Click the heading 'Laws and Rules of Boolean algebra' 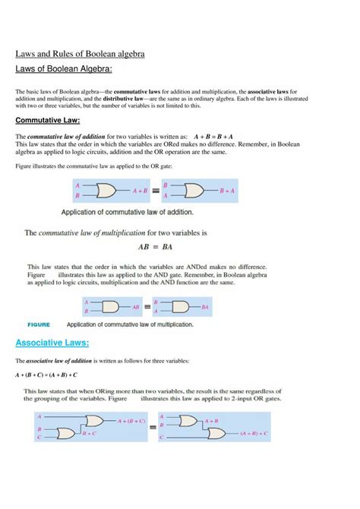(x=81, y=55)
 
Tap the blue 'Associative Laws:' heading (x=52, y=343)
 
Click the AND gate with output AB (x=112, y=307)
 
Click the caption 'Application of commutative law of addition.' (x=127, y=212)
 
